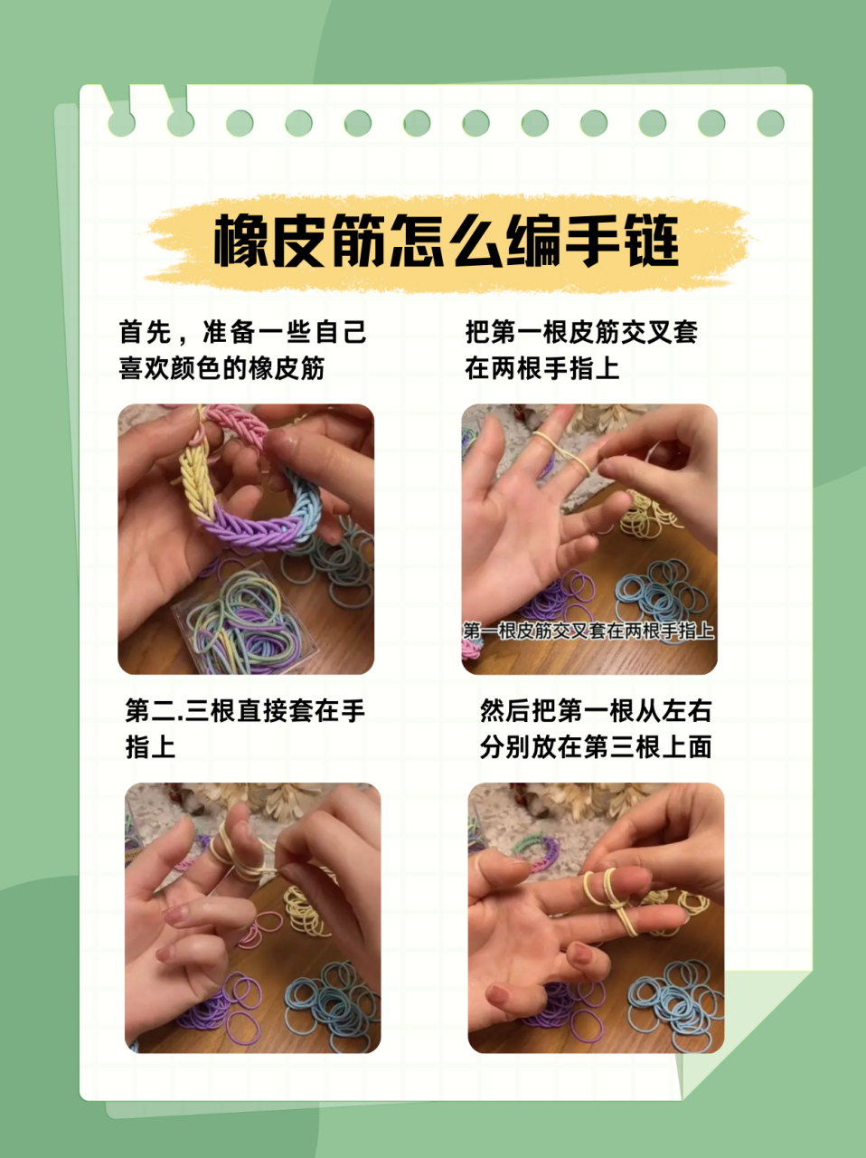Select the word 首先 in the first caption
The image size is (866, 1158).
145,332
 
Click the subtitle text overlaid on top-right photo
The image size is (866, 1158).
588,631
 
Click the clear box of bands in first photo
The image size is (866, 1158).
244,624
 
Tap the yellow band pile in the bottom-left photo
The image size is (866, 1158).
307,914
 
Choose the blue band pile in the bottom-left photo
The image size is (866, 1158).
330,1004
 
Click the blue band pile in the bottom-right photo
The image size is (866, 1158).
673,1004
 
